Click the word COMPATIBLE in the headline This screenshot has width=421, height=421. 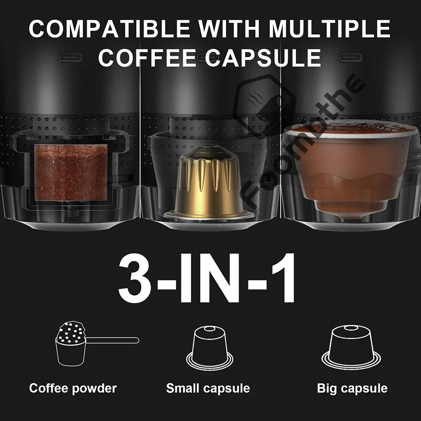pos(109,29)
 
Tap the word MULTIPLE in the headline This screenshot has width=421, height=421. pos(330,29)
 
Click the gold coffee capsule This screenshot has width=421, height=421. pos(209,181)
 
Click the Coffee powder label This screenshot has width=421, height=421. pos(73,388)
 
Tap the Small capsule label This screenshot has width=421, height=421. pos(208,388)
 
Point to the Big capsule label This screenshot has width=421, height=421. pos(352,388)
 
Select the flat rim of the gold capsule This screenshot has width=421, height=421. pos(209,215)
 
